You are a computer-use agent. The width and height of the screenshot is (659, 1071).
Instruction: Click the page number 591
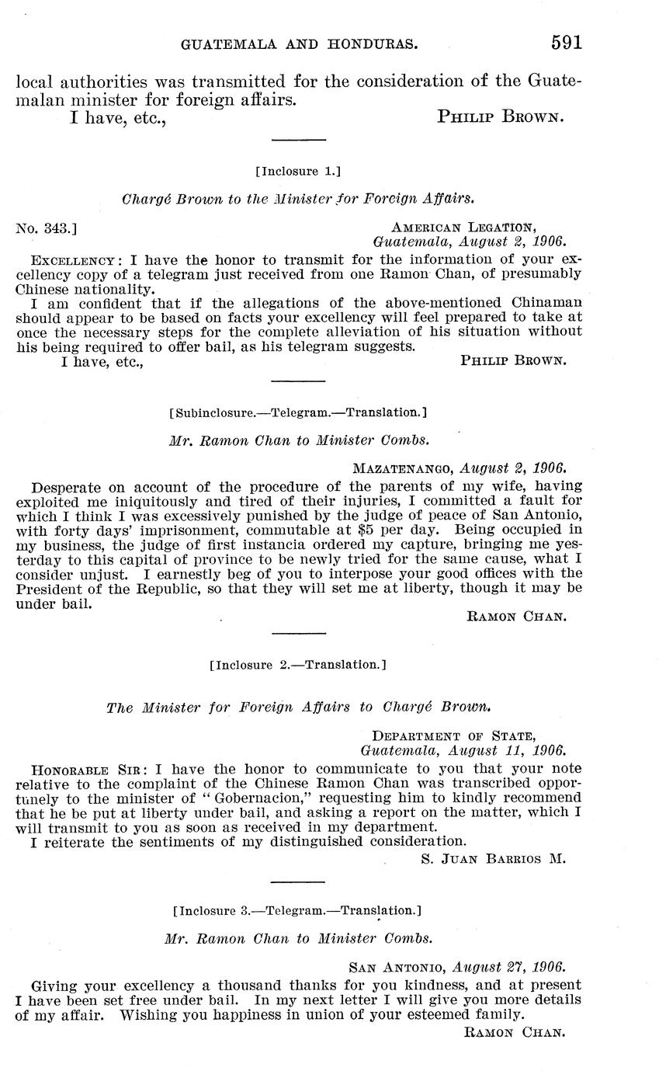point(567,43)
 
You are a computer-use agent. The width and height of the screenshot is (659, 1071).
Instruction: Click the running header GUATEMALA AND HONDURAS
point(300,45)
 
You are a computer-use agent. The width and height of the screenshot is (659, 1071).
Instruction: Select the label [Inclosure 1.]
point(298,171)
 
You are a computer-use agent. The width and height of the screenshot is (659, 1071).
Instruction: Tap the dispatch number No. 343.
point(46,228)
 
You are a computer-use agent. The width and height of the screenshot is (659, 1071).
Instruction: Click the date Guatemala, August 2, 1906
point(470,242)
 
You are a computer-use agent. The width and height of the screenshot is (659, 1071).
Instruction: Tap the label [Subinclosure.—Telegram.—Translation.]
point(297,412)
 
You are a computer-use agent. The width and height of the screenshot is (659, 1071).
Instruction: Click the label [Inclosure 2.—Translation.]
point(298,665)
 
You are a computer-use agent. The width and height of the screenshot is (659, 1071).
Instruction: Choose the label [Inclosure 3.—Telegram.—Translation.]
point(298,910)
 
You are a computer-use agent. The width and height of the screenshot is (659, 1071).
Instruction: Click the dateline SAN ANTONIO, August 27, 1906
point(457,968)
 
